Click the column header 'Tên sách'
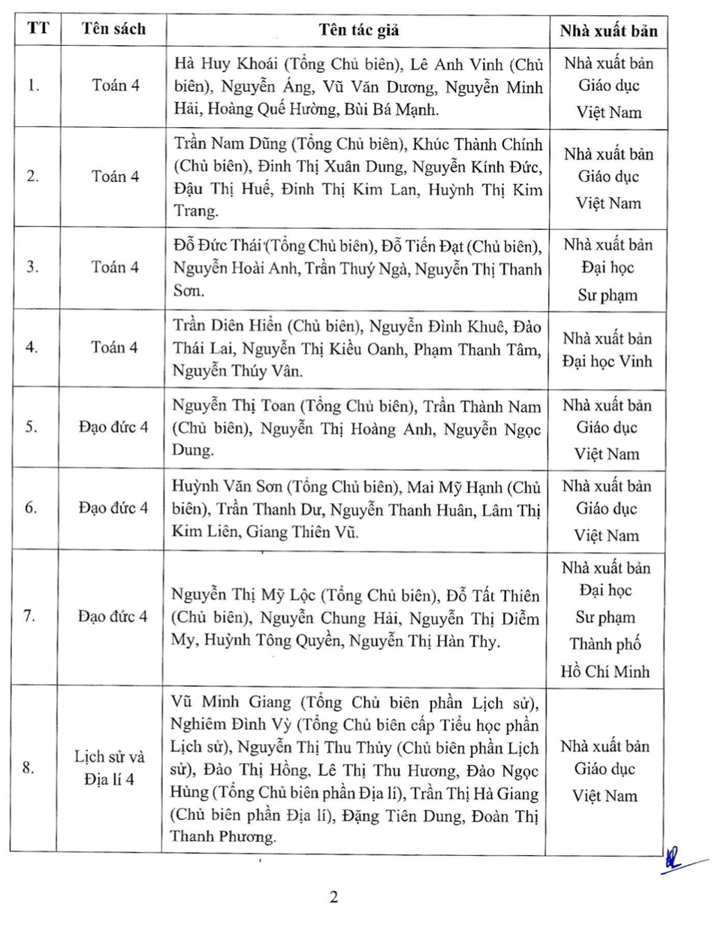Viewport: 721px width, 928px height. coord(113,29)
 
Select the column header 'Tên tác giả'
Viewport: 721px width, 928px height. coord(358,30)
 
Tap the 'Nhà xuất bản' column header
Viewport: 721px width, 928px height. coord(608,31)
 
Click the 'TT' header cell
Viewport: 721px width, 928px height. coord(38,29)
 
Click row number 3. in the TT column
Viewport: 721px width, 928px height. coord(32,267)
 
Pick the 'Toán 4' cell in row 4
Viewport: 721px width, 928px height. coord(114,347)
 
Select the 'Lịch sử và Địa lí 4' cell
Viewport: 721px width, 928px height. coord(110,768)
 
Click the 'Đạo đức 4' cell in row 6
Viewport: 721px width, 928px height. coord(113,508)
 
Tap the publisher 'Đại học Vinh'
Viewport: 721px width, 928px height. coord(607,361)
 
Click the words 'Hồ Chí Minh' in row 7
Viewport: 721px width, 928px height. coord(605,672)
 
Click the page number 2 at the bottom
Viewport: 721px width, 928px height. coord(333,896)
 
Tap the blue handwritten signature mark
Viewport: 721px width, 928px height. coord(676,861)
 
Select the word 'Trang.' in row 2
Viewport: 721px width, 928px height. coord(196,211)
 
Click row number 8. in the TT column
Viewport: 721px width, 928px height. coord(29,768)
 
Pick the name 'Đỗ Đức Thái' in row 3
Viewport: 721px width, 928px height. coord(217,246)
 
